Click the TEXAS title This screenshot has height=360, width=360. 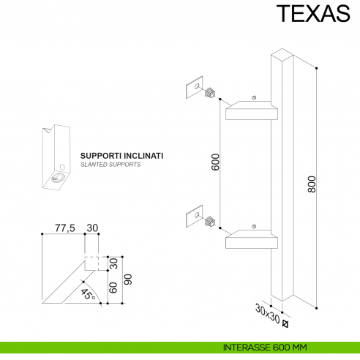(x=312, y=15)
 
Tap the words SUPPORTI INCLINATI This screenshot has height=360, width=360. (x=121, y=156)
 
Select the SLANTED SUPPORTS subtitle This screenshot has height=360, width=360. (x=110, y=165)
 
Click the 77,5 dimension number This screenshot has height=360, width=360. (x=66, y=228)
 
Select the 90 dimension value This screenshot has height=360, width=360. (x=129, y=279)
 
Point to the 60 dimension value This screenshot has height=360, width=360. (x=113, y=287)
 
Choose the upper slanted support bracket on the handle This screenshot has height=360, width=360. (x=252, y=110)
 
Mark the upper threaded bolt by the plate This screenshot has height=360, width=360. (x=211, y=93)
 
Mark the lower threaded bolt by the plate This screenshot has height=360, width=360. (x=211, y=220)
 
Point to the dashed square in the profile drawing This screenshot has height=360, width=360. (x=92, y=263)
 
